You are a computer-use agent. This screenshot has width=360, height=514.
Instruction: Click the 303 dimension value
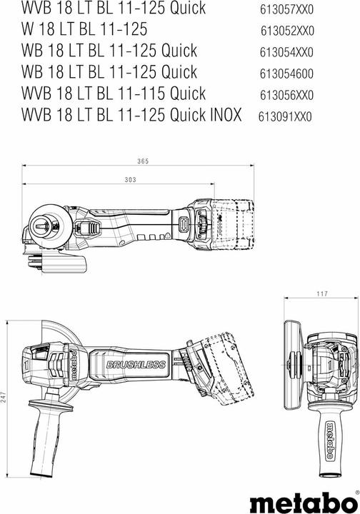click(x=129, y=181)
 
